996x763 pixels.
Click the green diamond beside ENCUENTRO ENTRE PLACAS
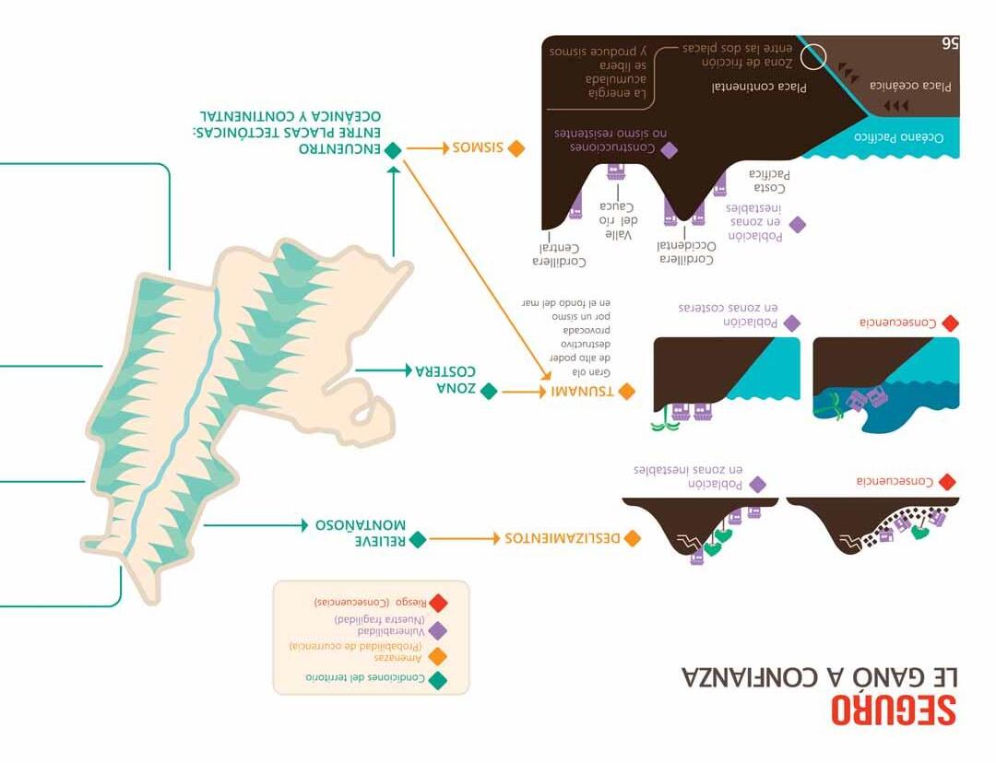tap(394, 149)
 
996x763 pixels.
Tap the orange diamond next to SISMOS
tap(516, 147)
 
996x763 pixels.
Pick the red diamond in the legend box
tap(438, 603)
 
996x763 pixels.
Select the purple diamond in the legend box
tap(438, 630)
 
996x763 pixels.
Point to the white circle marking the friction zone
tap(812, 57)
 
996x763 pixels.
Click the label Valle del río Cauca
tap(618, 220)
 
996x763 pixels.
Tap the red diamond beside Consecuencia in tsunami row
tap(950, 323)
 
